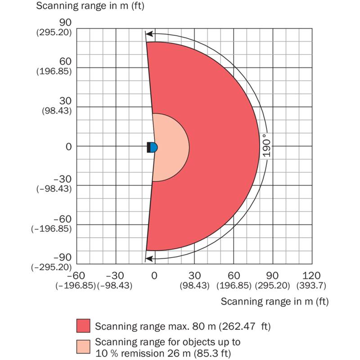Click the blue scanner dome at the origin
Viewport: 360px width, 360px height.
point(154,147)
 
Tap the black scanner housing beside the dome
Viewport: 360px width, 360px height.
point(149,147)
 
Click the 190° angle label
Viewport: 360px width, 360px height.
point(266,146)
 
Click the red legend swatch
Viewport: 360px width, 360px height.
point(84,325)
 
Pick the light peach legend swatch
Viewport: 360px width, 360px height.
point(84,347)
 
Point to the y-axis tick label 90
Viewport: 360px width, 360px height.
point(66,22)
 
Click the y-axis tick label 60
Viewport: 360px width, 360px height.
point(66,62)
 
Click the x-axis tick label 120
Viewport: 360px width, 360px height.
point(312,275)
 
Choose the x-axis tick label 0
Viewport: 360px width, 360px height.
point(154,275)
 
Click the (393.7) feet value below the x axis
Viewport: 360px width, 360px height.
point(312,285)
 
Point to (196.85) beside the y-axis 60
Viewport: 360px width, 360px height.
point(55,72)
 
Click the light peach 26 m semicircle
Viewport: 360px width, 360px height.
point(173,147)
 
